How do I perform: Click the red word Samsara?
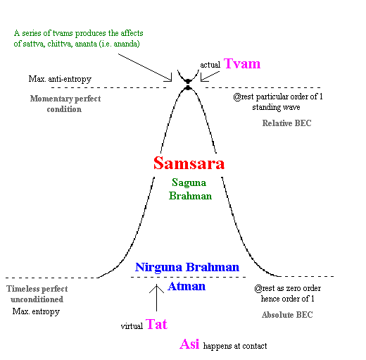click(x=189, y=163)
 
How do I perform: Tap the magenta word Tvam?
click(x=242, y=63)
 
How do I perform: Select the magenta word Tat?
click(x=156, y=324)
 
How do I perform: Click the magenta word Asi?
click(x=189, y=344)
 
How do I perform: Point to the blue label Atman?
click(x=187, y=286)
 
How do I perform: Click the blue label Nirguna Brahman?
click(x=187, y=268)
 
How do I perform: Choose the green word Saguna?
click(x=189, y=183)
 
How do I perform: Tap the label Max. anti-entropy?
click(x=60, y=79)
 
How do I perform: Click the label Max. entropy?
click(x=36, y=311)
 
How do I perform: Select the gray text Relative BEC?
click(x=286, y=123)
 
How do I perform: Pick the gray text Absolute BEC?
click(x=287, y=315)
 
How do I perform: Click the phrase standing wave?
click(x=276, y=107)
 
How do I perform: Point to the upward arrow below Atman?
click(x=156, y=298)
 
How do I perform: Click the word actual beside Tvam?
click(x=210, y=65)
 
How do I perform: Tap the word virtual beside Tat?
click(x=132, y=326)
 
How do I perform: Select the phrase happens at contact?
click(x=235, y=346)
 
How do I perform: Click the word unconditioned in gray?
click(x=37, y=299)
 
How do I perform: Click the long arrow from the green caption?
click(x=145, y=68)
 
